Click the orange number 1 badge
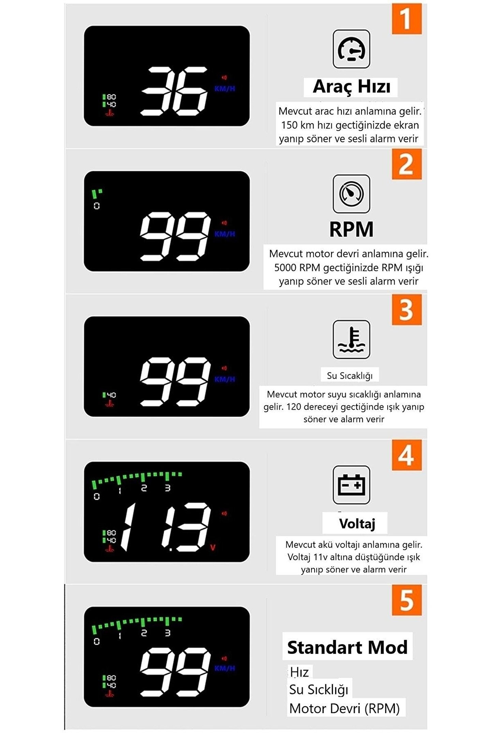(406, 19)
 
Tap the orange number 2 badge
(406, 164)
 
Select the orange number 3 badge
(406, 310)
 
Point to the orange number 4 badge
(406, 455)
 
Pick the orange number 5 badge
(406, 600)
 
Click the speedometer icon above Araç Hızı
(351, 49)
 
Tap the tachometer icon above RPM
(351, 194)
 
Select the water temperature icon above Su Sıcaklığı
(351, 339)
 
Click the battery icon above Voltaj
(351, 485)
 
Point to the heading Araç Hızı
(352, 87)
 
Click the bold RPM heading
(351, 229)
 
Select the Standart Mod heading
(347, 647)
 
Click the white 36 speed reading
(174, 91)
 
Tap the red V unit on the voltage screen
(213, 548)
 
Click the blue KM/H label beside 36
(225, 89)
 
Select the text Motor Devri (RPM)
(344, 709)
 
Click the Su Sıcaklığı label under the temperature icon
(350, 376)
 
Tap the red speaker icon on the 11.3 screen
(224, 513)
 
